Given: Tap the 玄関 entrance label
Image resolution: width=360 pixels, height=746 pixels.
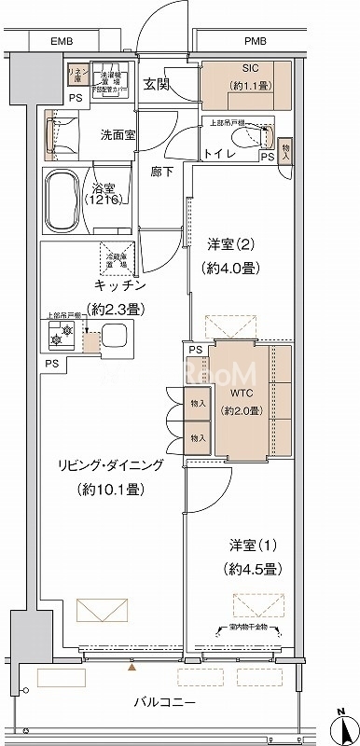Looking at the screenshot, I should point(155,85).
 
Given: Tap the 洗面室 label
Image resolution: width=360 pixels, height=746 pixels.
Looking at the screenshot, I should point(118,133).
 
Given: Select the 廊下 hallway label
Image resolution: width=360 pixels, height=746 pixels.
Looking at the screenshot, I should point(163,173).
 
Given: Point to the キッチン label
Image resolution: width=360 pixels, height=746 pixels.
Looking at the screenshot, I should point(117,284).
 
